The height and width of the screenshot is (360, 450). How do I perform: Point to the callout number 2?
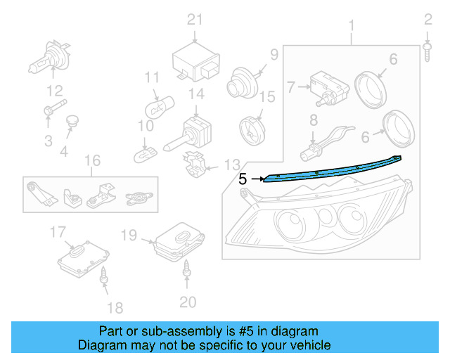tap(428, 19)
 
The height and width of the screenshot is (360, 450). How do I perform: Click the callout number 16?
tap(92, 161)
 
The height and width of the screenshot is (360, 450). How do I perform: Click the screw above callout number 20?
tap(187, 267)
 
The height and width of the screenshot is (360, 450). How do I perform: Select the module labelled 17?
tap(83, 257)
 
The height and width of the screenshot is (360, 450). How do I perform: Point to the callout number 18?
tap(115, 307)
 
